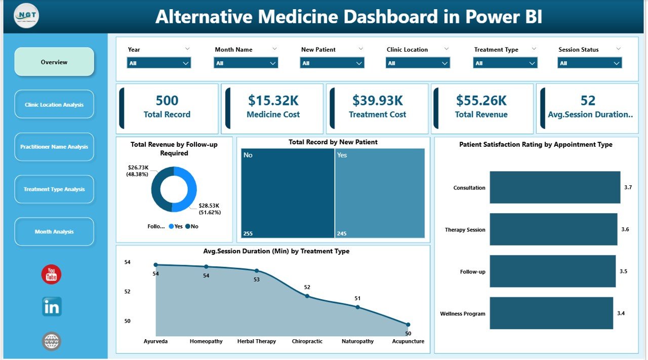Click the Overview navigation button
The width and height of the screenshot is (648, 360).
(54, 62)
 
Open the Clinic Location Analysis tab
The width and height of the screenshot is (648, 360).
(54, 105)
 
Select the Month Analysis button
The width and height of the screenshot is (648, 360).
(54, 232)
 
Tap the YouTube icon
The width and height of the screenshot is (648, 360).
(51, 274)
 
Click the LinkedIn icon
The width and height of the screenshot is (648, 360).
(52, 307)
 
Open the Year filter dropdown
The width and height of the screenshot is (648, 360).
(158, 63)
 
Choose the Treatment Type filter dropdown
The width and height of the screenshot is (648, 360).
(505, 63)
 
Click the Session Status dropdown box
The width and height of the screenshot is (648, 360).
(589, 63)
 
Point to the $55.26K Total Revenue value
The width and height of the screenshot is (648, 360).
(481, 101)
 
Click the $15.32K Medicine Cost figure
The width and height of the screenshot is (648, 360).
(273, 101)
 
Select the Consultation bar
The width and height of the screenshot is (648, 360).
(554, 187)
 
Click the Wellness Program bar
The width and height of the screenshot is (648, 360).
(551, 313)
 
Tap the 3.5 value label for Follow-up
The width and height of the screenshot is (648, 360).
(623, 271)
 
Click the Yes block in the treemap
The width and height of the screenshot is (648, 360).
(380, 193)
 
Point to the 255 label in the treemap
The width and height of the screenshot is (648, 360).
(249, 233)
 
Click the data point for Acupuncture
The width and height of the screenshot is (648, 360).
(408, 325)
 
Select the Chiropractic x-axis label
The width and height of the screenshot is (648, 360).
(307, 341)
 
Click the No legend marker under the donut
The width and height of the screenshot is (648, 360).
(188, 227)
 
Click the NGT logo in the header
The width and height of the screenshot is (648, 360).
(26, 16)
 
